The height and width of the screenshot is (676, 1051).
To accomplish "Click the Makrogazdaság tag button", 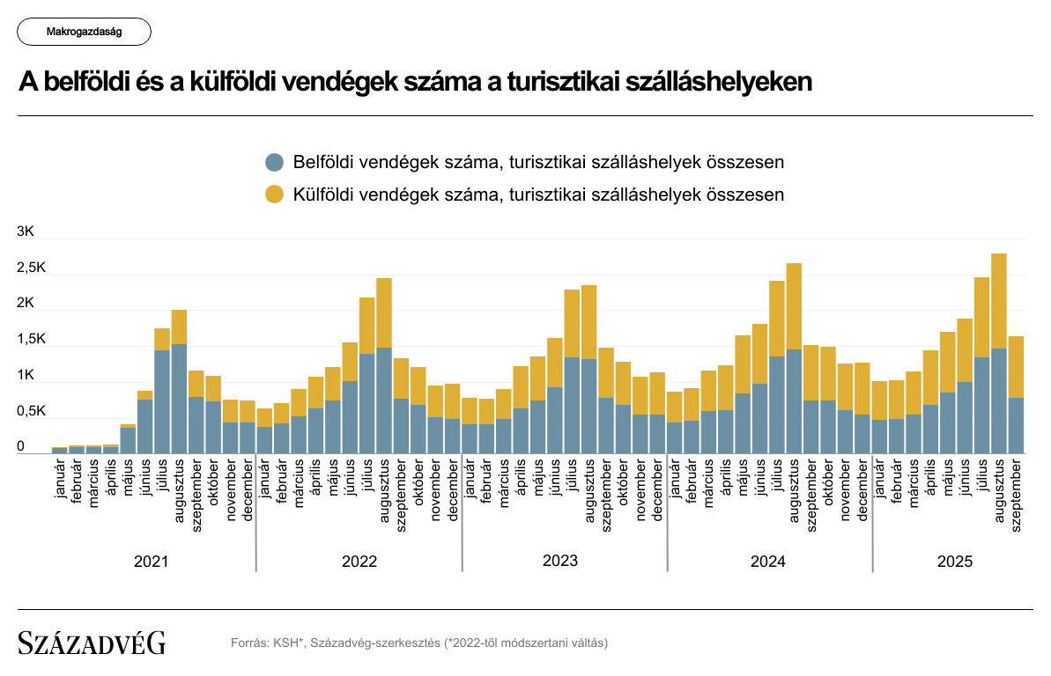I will [84, 32].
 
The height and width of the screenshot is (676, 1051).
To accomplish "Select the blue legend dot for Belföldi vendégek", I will [276, 162].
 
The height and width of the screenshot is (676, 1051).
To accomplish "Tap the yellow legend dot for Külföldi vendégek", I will [276, 195].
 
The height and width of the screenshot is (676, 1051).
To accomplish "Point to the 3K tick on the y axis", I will [26, 232].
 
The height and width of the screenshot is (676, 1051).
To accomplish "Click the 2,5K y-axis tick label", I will [31, 268].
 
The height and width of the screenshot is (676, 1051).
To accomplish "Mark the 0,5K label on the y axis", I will [31, 412].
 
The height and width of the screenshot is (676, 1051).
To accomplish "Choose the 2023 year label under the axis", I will [560, 561].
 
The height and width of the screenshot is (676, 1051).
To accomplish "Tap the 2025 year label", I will [955, 561].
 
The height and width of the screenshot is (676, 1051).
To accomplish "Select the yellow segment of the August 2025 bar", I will [999, 300].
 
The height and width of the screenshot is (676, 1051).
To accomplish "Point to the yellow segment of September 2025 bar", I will [1016, 366].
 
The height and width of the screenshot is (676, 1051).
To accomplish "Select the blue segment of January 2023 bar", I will [470, 438].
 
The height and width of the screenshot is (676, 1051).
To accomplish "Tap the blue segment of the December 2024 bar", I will [862, 433].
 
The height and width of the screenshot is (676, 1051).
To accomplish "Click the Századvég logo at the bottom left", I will [92, 643].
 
